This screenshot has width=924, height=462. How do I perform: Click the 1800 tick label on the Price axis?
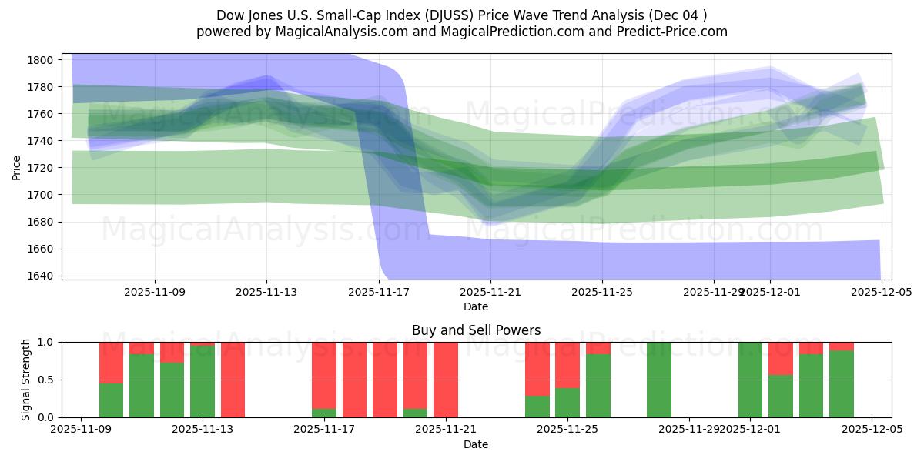tap(40, 60)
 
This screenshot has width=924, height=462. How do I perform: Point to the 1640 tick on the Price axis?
tap(40, 276)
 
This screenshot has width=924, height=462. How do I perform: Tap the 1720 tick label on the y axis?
tap(40, 168)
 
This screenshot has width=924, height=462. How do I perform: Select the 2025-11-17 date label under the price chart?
tap(378, 292)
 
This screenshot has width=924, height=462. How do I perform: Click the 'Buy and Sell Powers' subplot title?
tap(476, 330)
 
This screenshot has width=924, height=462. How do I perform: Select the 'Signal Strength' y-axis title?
tap(25, 380)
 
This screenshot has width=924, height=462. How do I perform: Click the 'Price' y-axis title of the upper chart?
tap(17, 166)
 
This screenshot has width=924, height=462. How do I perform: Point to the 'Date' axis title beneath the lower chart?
tap(476, 444)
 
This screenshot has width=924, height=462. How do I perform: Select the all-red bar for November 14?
tap(233, 380)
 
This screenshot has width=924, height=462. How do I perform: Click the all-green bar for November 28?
tap(658, 380)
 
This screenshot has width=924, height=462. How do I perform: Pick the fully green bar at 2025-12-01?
tap(750, 380)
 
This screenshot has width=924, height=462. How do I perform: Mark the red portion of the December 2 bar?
tap(780, 357)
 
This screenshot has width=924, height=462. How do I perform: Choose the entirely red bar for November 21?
tap(446, 380)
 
